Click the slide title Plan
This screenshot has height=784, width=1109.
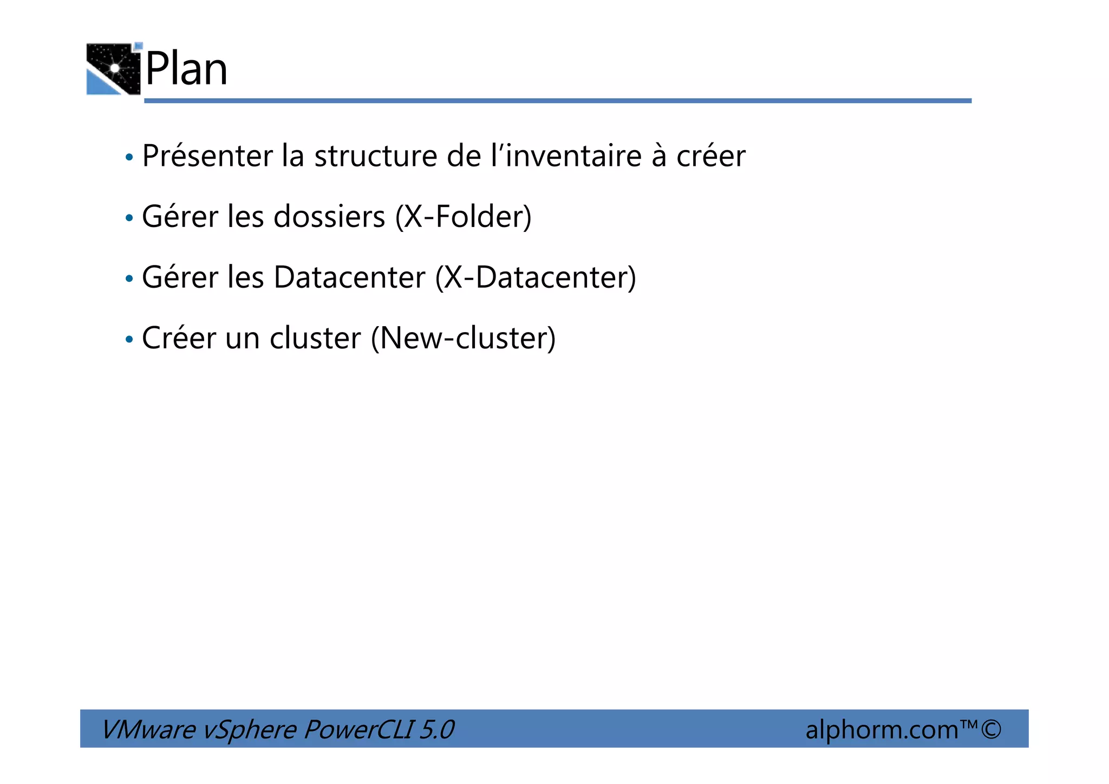pyautogui.click(x=186, y=69)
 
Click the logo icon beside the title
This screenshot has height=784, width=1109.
pyautogui.click(x=114, y=69)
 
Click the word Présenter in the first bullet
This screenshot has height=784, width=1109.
pyautogui.click(x=207, y=157)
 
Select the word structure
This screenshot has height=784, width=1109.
pyautogui.click(x=376, y=157)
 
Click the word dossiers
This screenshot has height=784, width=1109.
pyautogui.click(x=329, y=217)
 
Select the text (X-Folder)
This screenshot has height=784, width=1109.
pyautogui.click(x=463, y=217)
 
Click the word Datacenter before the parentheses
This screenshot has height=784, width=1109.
pyautogui.click(x=349, y=278)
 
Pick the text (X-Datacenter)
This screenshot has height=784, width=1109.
pyautogui.click(x=536, y=278)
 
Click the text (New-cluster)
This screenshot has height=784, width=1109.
pyautogui.click(x=463, y=339)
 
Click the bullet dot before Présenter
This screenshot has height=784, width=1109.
pyautogui.click(x=129, y=158)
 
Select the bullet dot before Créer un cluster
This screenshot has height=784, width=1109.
pyautogui.click(x=129, y=340)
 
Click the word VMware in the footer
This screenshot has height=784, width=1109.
pyautogui.click(x=148, y=729)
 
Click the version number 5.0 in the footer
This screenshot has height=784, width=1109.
pyautogui.click(x=436, y=729)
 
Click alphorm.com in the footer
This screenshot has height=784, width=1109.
pyautogui.click(x=882, y=730)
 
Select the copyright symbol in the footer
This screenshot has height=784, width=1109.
pyautogui.click(x=991, y=729)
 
